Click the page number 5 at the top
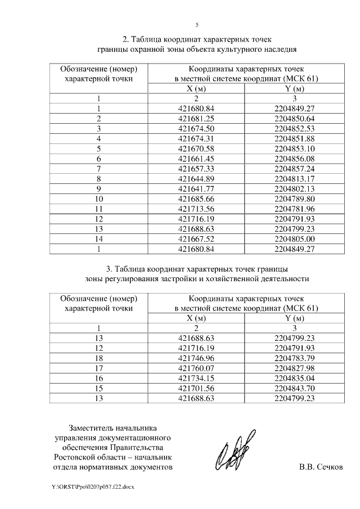(197, 25)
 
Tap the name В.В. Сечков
(320, 467)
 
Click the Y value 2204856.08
(294, 159)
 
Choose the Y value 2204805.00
(294, 238)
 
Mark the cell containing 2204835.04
(294, 378)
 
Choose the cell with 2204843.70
(294, 388)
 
